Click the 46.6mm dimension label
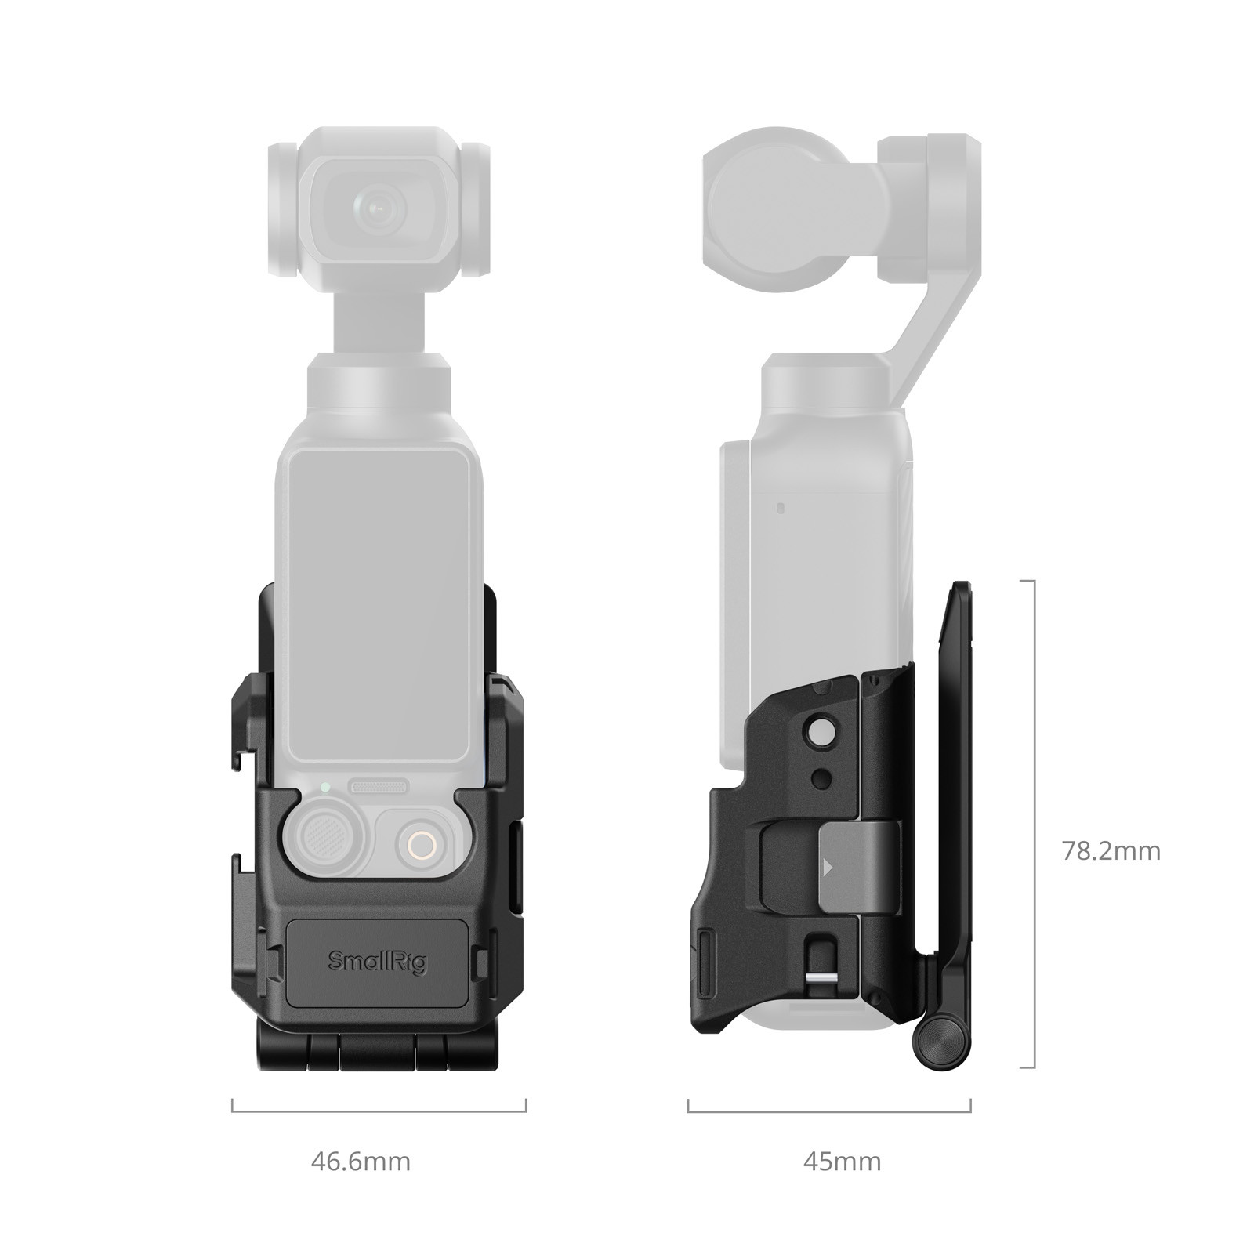[x=361, y=1161]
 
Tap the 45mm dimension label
[x=842, y=1161]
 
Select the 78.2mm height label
[x=1111, y=850]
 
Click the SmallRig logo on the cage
[x=377, y=961]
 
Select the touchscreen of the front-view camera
[x=379, y=603]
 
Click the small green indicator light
[x=324, y=786]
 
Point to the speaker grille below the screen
[x=379, y=785]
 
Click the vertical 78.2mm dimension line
[x=1035, y=823]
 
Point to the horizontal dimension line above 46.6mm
[x=379, y=1111]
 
